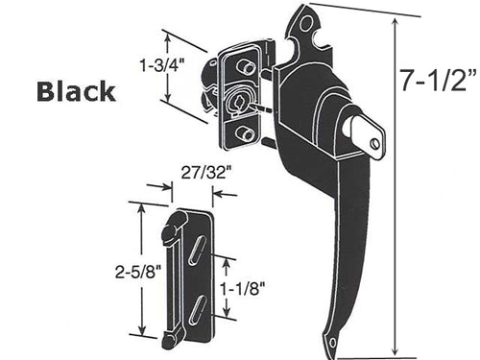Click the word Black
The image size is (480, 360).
pos(76,91)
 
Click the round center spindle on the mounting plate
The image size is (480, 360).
pos(239,101)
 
